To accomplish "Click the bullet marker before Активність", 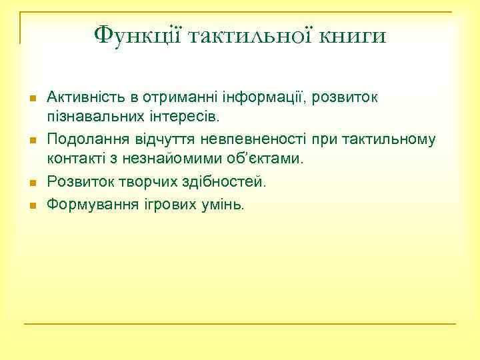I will (31, 99).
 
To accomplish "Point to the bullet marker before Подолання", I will (31, 140).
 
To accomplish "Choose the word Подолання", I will (85, 139).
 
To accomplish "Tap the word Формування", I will (88, 203).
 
